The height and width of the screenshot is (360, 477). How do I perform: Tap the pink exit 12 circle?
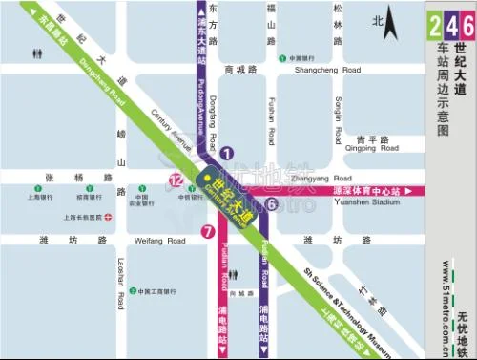point(176,179)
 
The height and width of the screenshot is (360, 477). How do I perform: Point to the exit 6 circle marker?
point(272,203)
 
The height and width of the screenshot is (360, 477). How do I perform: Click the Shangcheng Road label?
point(327,70)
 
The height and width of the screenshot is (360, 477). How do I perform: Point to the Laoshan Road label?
point(121,282)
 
